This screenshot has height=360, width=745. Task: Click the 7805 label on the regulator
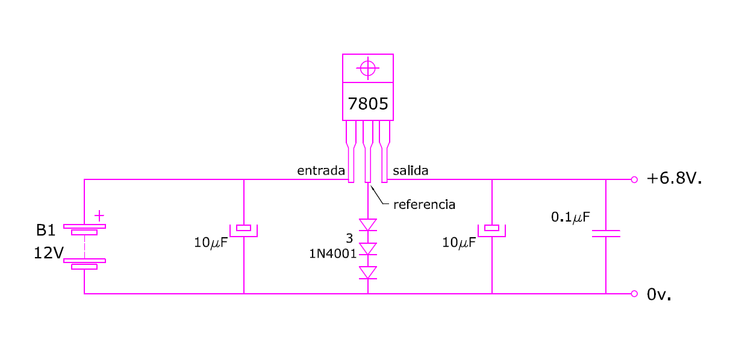click(x=368, y=104)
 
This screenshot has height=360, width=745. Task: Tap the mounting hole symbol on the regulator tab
click(x=368, y=69)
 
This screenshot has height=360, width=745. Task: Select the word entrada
click(x=321, y=170)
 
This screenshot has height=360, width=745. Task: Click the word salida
click(x=410, y=170)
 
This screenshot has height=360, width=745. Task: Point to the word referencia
click(x=424, y=205)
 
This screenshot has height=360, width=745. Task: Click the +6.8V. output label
click(x=674, y=178)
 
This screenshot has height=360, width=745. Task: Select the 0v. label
click(x=659, y=294)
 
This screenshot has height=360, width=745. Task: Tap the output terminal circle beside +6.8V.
click(x=634, y=179)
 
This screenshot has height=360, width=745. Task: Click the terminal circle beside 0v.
click(x=634, y=294)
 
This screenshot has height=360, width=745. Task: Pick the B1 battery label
click(x=46, y=230)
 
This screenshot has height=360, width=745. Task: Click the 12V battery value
click(x=49, y=253)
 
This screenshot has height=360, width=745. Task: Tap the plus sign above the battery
click(x=99, y=216)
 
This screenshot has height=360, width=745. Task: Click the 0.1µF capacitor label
click(x=570, y=217)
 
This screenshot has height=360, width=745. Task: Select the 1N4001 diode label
click(x=332, y=254)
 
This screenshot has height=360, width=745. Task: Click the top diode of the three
click(x=368, y=225)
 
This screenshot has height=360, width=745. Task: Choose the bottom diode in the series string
click(x=368, y=273)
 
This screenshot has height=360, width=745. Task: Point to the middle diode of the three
click(x=368, y=249)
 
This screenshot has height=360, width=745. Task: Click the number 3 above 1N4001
click(x=349, y=238)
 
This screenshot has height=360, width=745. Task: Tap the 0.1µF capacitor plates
click(x=606, y=234)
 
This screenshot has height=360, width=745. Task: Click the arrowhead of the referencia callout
click(x=371, y=187)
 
